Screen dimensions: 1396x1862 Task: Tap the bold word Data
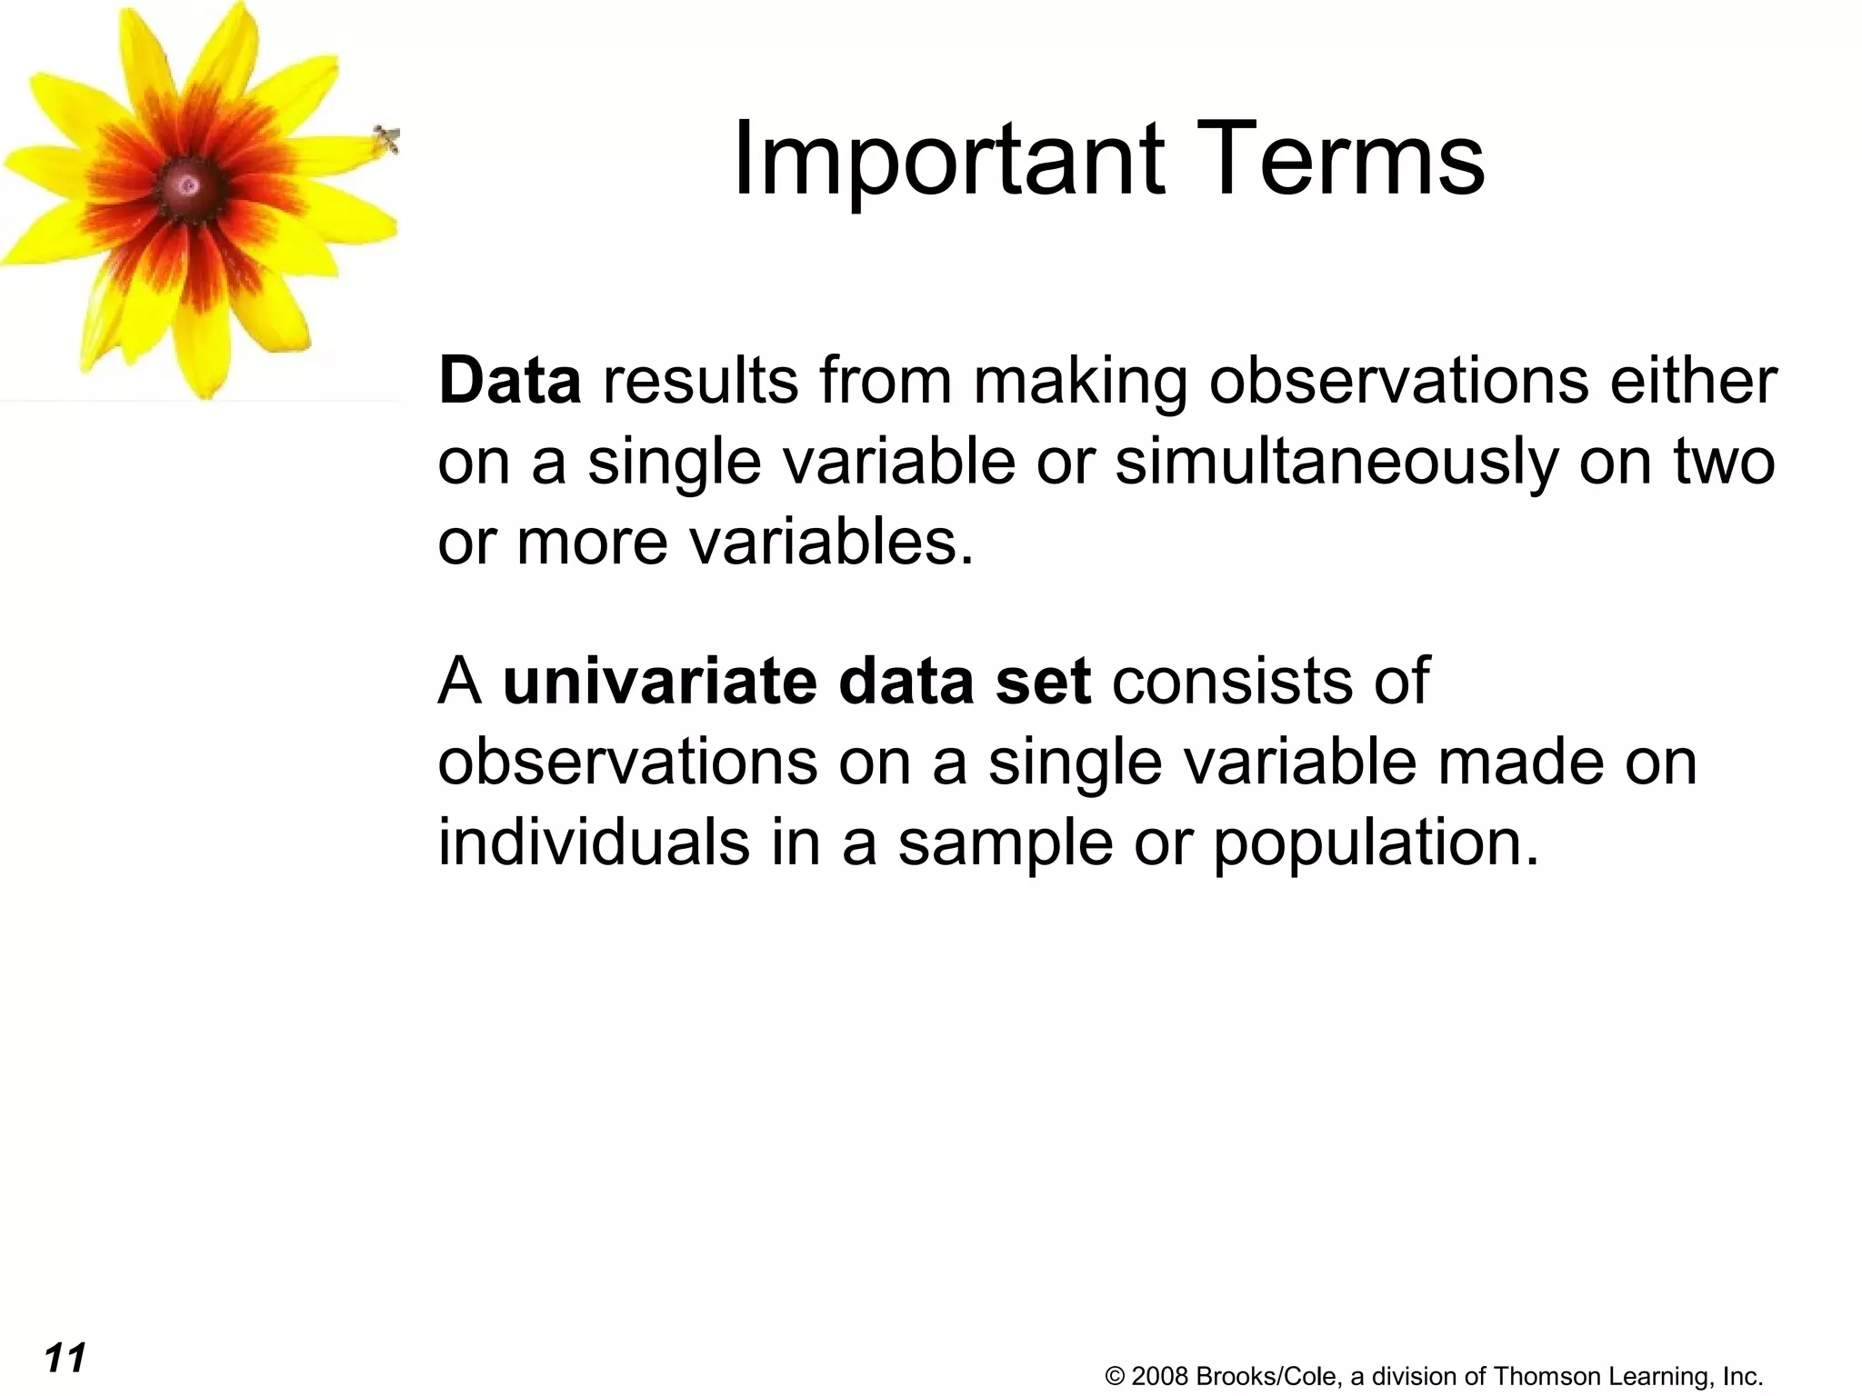coord(509,381)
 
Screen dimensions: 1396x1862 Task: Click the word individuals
coord(594,842)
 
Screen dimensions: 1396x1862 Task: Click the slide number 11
coord(65,1358)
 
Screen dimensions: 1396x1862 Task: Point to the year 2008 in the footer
coord(1160,1376)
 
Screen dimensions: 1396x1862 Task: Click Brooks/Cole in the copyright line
coord(1267,1376)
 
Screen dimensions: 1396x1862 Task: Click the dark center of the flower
coord(188,186)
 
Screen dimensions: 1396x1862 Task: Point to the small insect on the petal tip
coord(387,140)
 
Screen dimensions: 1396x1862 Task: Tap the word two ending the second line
coord(1724,462)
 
